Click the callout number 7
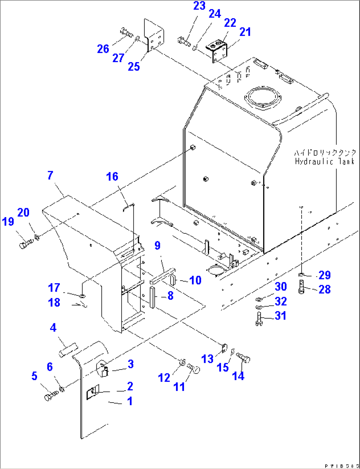pos(50,176)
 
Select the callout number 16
pos(112,177)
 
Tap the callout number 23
pos(199,6)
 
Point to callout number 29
pos(324,275)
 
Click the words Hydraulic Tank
pos(325,161)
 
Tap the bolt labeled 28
pos(301,287)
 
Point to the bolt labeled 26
pos(126,33)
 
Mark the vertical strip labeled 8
pos(152,297)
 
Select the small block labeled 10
pos(172,280)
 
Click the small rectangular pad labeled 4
pos(68,350)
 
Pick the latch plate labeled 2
pos(91,393)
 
